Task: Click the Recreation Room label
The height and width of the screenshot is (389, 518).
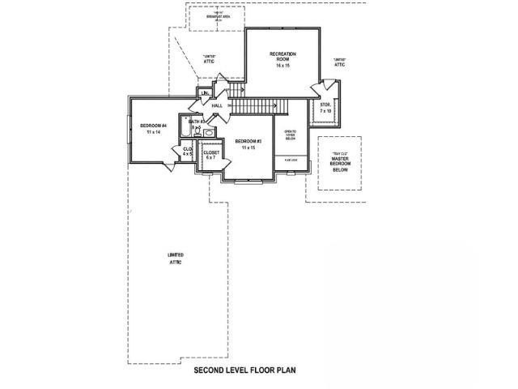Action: tap(282, 56)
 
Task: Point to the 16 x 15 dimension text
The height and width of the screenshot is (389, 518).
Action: tap(282, 66)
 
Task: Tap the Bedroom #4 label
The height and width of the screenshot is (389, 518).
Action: tap(153, 125)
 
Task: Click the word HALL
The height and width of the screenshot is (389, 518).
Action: tap(217, 106)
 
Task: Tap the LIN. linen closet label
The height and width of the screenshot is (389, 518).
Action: tap(203, 93)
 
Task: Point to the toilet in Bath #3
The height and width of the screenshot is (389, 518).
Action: tap(207, 132)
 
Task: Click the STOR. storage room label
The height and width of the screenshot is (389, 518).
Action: tap(325, 105)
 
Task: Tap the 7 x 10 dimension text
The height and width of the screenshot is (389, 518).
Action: tap(325, 111)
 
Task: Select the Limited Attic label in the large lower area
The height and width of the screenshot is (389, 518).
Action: tap(175, 259)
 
